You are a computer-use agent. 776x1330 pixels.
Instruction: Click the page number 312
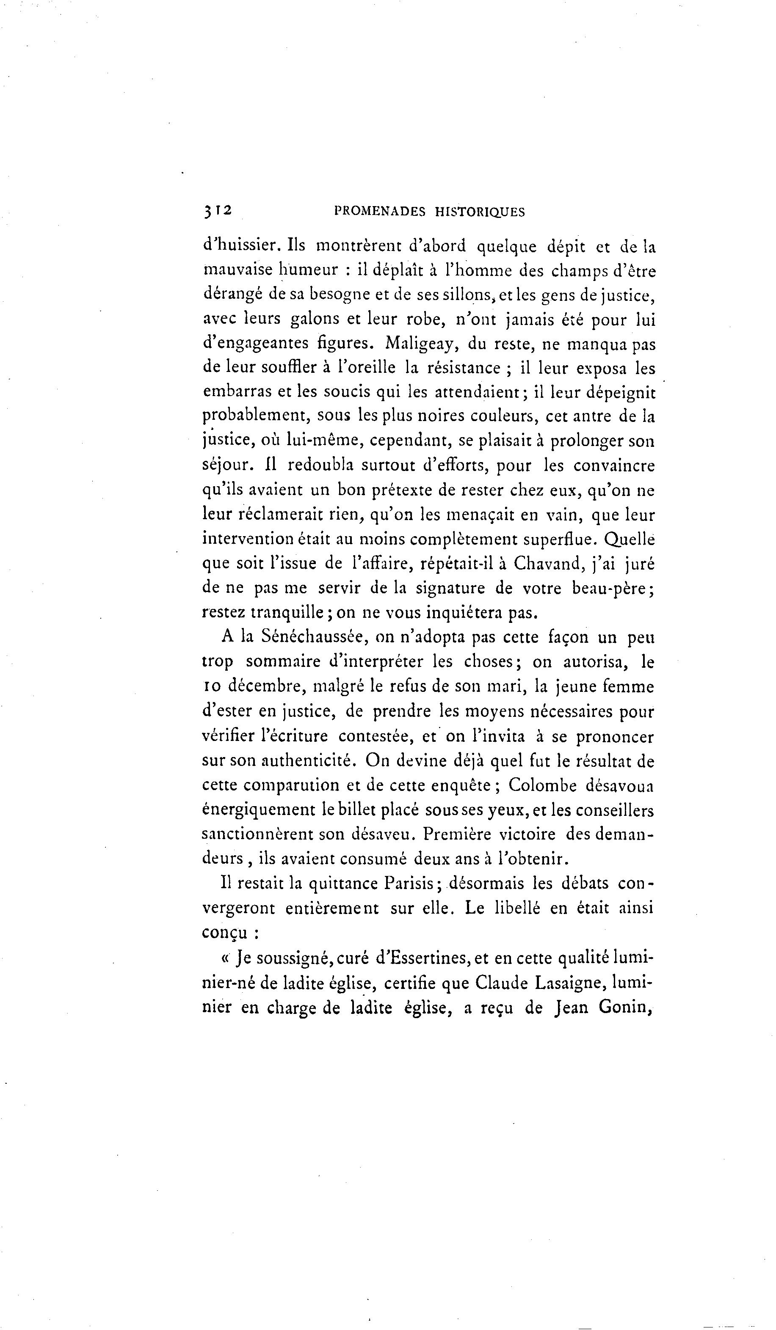tap(217, 211)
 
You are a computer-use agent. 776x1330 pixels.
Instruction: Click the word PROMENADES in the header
tap(380, 212)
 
